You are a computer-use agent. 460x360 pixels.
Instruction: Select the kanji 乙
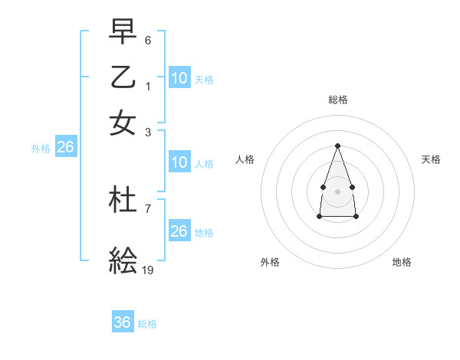click(x=123, y=77)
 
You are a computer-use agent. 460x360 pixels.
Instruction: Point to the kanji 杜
click(x=123, y=200)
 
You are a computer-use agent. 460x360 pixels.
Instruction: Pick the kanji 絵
click(x=123, y=260)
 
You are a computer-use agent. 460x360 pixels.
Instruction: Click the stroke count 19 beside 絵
click(x=148, y=270)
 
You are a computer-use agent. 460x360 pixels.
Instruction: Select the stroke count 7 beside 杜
click(x=148, y=208)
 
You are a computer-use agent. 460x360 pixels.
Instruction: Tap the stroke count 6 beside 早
click(x=148, y=39)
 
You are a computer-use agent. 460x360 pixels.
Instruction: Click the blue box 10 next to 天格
click(x=179, y=77)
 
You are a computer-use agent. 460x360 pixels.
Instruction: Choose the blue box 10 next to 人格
click(x=179, y=162)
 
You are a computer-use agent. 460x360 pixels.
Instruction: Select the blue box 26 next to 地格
click(x=179, y=231)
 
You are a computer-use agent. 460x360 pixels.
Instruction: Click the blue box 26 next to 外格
click(x=65, y=147)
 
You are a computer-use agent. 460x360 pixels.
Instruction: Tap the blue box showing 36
click(x=123, y=322)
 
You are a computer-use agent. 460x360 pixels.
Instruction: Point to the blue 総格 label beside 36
click(x=147, y=324)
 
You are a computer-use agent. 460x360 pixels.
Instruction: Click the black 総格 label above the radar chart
click(x=337, y=100)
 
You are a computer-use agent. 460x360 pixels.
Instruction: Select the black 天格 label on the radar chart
click(x=432, y=159)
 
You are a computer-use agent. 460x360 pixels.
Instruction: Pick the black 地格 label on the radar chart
click(x=402, y=262)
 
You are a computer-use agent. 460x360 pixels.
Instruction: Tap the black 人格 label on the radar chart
click(x=245, y=159)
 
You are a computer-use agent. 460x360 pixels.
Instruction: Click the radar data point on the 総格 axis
click(x=337, y=146)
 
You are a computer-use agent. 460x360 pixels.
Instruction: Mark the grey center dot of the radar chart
click(x=337, y=190)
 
